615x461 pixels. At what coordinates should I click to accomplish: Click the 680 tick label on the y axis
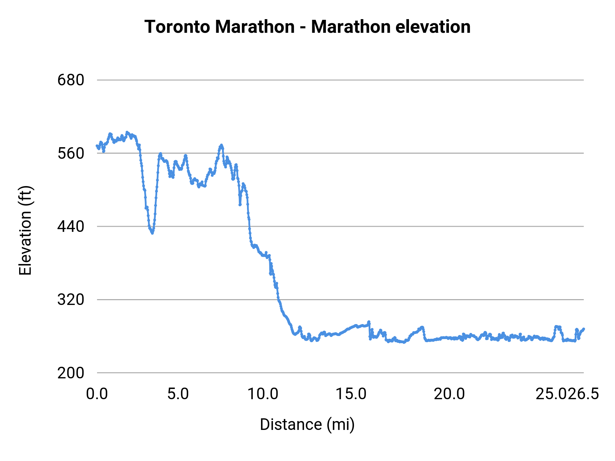click(x=71, y=80)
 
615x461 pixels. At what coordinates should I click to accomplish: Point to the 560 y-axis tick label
click(x=71, y=153)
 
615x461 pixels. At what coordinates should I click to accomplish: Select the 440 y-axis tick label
click(x=71, y=226)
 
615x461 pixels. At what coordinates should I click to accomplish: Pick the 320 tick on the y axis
click(x=71, y=299)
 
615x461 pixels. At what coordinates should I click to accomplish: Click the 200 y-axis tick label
click(x=71, y=373)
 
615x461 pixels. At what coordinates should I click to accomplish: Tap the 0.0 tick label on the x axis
click(x=97, y=394)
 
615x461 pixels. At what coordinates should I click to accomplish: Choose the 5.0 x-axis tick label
click(x=178, y=394)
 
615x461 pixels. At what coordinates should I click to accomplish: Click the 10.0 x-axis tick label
click(x=263, y=394)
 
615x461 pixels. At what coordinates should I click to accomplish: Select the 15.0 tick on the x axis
click(x=351, y=394)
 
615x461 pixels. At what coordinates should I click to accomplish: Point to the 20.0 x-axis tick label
click(x=449, y=394)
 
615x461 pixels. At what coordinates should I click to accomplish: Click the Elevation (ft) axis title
click(x=25, y=230)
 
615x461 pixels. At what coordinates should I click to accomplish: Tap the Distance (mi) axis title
click(x=307, y=424)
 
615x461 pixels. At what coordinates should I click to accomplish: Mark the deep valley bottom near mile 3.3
click(x=152, y=233)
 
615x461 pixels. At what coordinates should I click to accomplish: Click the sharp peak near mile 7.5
click(x=222, y=145)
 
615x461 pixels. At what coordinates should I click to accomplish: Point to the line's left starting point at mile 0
click(x=97, y=146)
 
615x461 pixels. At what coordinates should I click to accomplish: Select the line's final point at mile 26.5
click(x=584, y=329)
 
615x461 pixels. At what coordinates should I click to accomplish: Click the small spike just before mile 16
click(x=369, y=322)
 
